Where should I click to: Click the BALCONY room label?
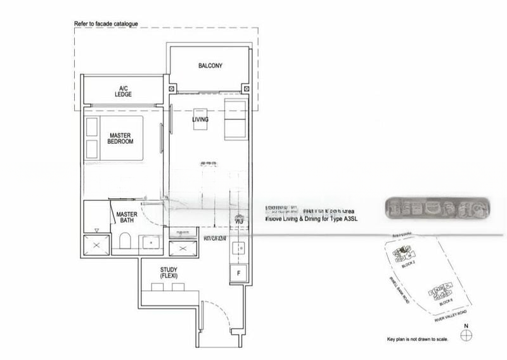(x=210, y=65)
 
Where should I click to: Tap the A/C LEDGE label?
(x=123, y=91)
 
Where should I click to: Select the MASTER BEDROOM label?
(x=120, y=138)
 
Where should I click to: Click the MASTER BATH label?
(x=127, y=218)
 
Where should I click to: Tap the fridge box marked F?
(x=239, y=273)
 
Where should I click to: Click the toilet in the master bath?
(x=124, y=242)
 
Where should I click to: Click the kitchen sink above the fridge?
(x=239, y=248)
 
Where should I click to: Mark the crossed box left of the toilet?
(x=97, y=245)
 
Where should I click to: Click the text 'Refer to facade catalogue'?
(x=106, y=23)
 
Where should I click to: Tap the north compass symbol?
(x=467, y=337)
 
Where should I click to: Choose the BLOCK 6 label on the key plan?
(x=447, y=302)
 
